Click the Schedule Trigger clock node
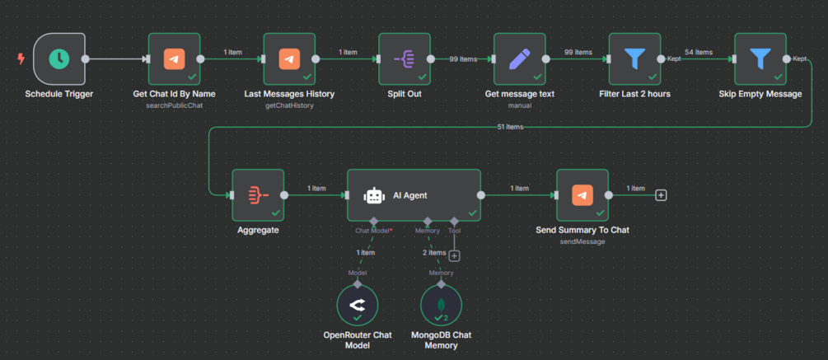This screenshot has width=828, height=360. point(58,58)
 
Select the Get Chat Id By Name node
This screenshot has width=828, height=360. point(174,58)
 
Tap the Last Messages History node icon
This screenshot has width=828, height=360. point(289,58)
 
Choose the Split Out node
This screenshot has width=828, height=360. point(405,58)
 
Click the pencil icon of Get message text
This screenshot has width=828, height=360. point(520,58)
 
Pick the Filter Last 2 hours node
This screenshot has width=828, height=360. point(634,58)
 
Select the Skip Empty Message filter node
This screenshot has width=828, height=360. point(760,58)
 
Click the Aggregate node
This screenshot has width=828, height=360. point(257,195)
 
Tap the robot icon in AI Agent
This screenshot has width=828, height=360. point(374,195)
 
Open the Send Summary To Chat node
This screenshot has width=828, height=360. point(582,195)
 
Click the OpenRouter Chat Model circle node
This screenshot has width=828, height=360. point(358,306)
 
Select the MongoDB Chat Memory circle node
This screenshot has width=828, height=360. point(441,306)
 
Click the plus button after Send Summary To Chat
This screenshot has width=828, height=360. point(661,195)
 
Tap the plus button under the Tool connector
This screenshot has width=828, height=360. point(454,256)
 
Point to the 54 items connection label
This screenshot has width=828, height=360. point(699,52)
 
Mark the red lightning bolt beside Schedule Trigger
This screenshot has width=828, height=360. point(21,59)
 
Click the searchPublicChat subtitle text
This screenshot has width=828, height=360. point(174,105)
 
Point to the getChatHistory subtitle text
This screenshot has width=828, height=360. point(289,105)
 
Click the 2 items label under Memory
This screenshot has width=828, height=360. point(435,252)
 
